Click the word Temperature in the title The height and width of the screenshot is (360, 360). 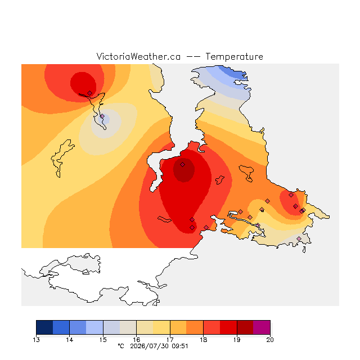point(234,56)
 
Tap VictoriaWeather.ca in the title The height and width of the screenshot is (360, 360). point(138,56)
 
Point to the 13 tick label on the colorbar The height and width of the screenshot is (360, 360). point(36,340)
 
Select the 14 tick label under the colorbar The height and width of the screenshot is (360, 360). point(70,340)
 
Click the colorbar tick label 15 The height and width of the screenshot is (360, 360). point(103,340)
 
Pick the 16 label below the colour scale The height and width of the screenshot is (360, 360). point(137,340)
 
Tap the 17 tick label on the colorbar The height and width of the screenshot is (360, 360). point(170,340)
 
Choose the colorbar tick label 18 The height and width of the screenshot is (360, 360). point(204,340)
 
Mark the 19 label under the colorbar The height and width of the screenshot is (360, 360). point(237,340)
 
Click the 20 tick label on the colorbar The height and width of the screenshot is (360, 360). point(270,340)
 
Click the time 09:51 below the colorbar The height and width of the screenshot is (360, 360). point(180,346)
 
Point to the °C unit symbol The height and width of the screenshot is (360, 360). point(121,346)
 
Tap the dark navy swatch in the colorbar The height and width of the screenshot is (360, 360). point(44,327)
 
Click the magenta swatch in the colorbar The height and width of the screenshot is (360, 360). point(262,327)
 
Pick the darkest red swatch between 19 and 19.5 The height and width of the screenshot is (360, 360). point(245,327)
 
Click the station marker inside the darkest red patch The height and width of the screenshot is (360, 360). point(182,164)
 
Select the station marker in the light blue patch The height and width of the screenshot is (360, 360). point(102,116)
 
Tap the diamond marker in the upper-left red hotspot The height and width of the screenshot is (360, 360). point(90,93)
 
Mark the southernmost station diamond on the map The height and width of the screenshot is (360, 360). point(299,238)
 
